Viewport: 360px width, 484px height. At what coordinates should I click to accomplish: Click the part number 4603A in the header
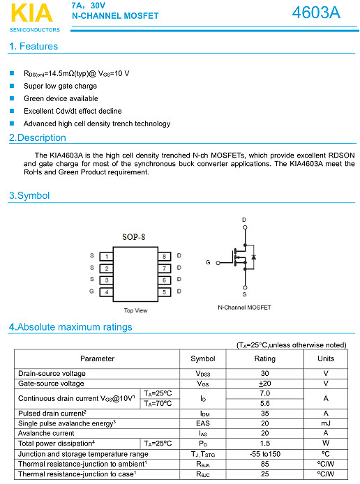pos(316,13)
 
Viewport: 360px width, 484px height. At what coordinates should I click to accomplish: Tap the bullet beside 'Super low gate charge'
pos(12,86)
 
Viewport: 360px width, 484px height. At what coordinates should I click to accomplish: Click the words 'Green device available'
pos(61,98)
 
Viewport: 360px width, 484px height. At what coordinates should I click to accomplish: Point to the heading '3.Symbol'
pos(29,196)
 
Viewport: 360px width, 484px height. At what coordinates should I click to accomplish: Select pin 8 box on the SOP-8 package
pos(163,256)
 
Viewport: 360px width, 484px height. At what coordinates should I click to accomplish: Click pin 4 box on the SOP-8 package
pos(105,292)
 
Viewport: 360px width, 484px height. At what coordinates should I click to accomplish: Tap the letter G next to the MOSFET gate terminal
pos(208,262)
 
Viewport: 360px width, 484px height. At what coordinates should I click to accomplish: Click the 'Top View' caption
pos(135,310)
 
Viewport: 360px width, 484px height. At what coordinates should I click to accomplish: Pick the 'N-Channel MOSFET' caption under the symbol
pos(244,308)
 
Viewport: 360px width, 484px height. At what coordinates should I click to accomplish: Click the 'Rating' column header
pos(264,358)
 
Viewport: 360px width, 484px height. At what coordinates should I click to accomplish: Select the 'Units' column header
pos(326,358)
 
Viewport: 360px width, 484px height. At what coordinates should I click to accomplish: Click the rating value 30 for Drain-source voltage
pos(264,374)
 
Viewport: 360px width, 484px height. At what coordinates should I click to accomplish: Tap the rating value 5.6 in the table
pos(264,403)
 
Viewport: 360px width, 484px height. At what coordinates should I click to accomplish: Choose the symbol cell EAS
pos(203,423)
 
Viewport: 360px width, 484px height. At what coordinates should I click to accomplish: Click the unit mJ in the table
pos(326,423)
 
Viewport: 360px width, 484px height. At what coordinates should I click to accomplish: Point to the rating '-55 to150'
pos(264,453)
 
